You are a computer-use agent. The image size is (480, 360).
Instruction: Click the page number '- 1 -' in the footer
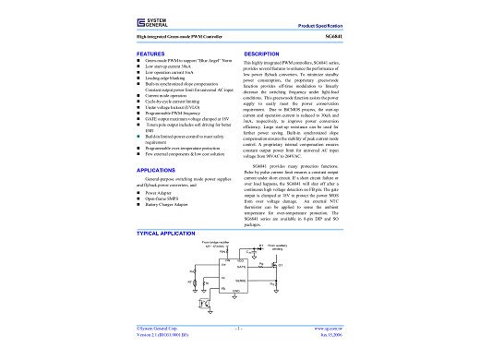(239, 328)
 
